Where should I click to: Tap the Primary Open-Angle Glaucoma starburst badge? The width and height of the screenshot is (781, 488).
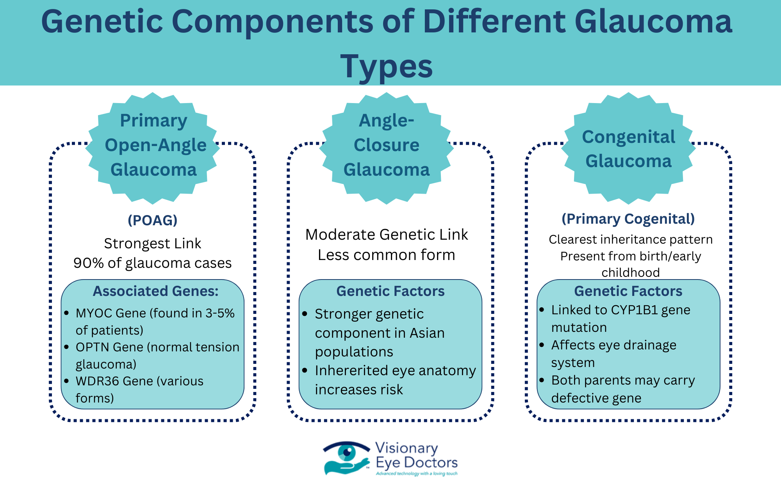tap(153, 148)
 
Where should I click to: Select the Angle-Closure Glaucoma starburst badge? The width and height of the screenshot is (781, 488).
tap(387, 148)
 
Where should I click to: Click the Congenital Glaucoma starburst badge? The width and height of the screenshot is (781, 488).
tap(628, 148)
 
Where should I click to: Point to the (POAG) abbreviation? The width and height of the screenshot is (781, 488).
tap(153, 220)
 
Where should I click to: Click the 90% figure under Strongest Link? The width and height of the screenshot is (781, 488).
tap(89, 263)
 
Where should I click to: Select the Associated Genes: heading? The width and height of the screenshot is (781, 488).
tap(155, 291)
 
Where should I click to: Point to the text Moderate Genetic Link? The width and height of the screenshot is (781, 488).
tap(387, 235)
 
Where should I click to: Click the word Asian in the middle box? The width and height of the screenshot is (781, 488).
tap(427, 333)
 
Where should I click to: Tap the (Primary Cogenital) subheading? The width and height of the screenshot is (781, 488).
tap(628, 219)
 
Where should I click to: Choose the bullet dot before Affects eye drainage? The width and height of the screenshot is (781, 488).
tap(542, 345)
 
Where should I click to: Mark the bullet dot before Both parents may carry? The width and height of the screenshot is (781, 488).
tap(542, 380)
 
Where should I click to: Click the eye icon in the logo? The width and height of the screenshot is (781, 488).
tap(346, 453)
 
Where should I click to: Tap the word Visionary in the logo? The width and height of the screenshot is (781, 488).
tap(407, 448)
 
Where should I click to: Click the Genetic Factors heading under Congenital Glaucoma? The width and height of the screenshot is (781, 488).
tap(628, 291)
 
